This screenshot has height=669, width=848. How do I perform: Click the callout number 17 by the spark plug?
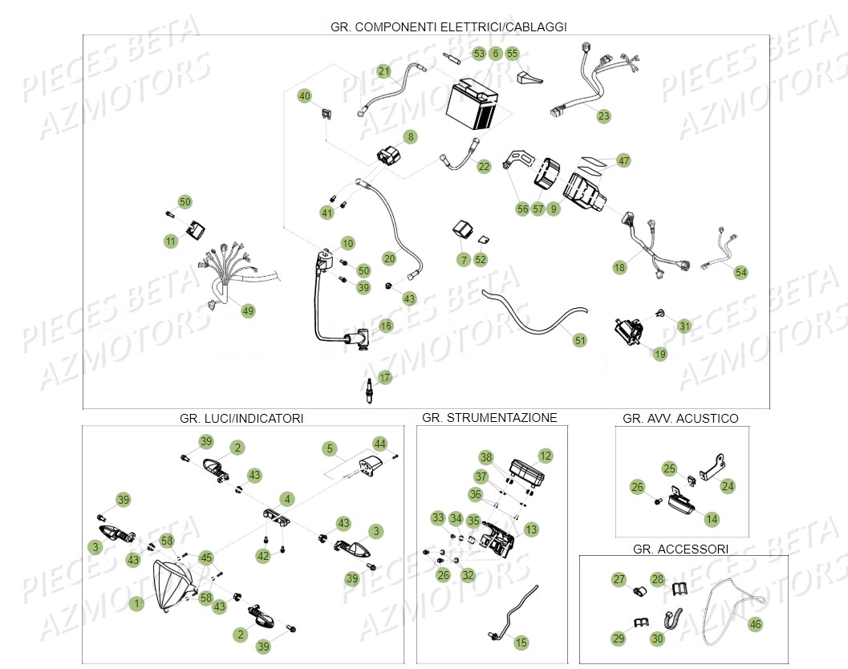click(385, 377)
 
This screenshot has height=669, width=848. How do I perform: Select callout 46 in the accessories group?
click(755, 623)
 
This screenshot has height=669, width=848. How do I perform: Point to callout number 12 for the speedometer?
click(546, 456)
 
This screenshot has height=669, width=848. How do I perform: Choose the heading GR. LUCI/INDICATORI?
click(241, 419)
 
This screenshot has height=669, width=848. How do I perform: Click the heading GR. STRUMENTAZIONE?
click(489, 418)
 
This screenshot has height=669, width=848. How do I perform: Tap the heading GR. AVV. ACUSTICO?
click(680, 419)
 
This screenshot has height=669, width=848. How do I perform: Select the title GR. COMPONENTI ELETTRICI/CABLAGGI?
click(448, 26)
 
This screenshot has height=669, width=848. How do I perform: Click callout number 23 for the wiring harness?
click(603, 116)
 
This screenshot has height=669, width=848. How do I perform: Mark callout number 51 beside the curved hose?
click(579, 340)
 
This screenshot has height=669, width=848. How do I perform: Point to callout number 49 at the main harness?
click(247, 310)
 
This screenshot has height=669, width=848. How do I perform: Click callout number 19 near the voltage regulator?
click(659, 354)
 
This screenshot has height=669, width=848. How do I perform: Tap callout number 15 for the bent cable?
click(521, 642)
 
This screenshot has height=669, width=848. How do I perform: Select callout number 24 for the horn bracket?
click(727, 485)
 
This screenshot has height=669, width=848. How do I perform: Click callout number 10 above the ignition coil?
click(347, 243)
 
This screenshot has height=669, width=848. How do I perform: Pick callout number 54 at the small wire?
click(740, 273)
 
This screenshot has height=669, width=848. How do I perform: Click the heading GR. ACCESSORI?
click(680, 549)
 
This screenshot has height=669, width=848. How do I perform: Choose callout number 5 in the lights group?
click(329, 448)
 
